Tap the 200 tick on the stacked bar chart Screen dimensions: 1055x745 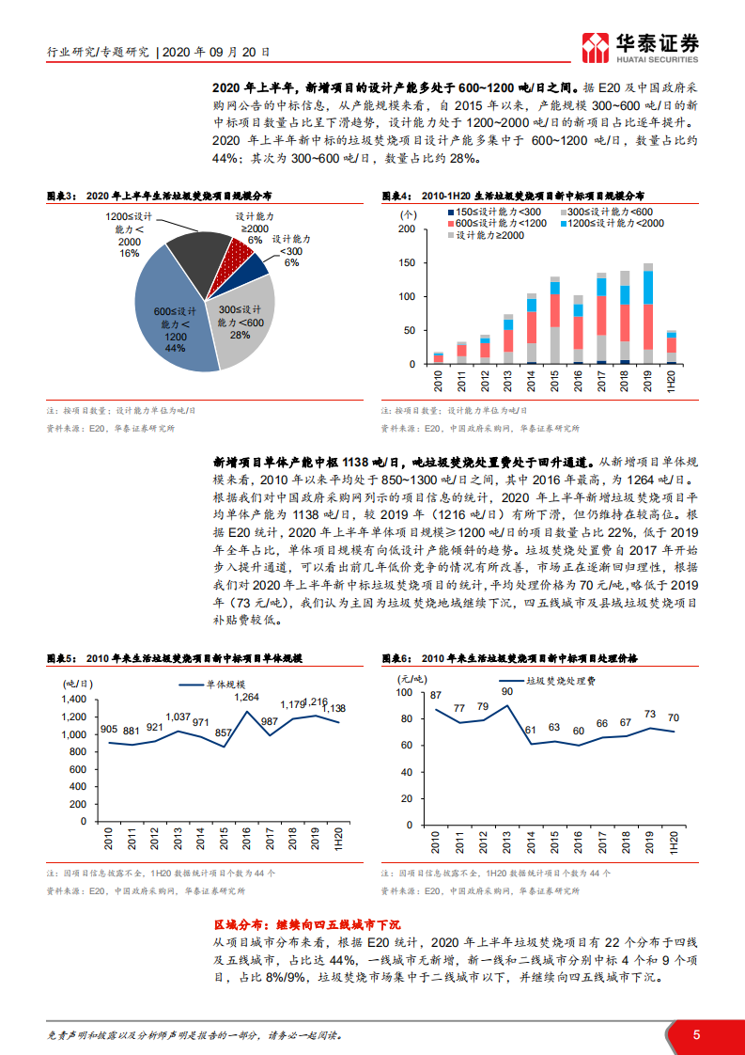[406, 228]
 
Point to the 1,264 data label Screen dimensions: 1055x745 [246, 697]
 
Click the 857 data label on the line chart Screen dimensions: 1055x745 [224, 732]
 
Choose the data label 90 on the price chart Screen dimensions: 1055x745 [507, 692]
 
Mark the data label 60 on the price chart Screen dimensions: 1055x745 [579, 731]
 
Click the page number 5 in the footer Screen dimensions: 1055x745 [697, 1034]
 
